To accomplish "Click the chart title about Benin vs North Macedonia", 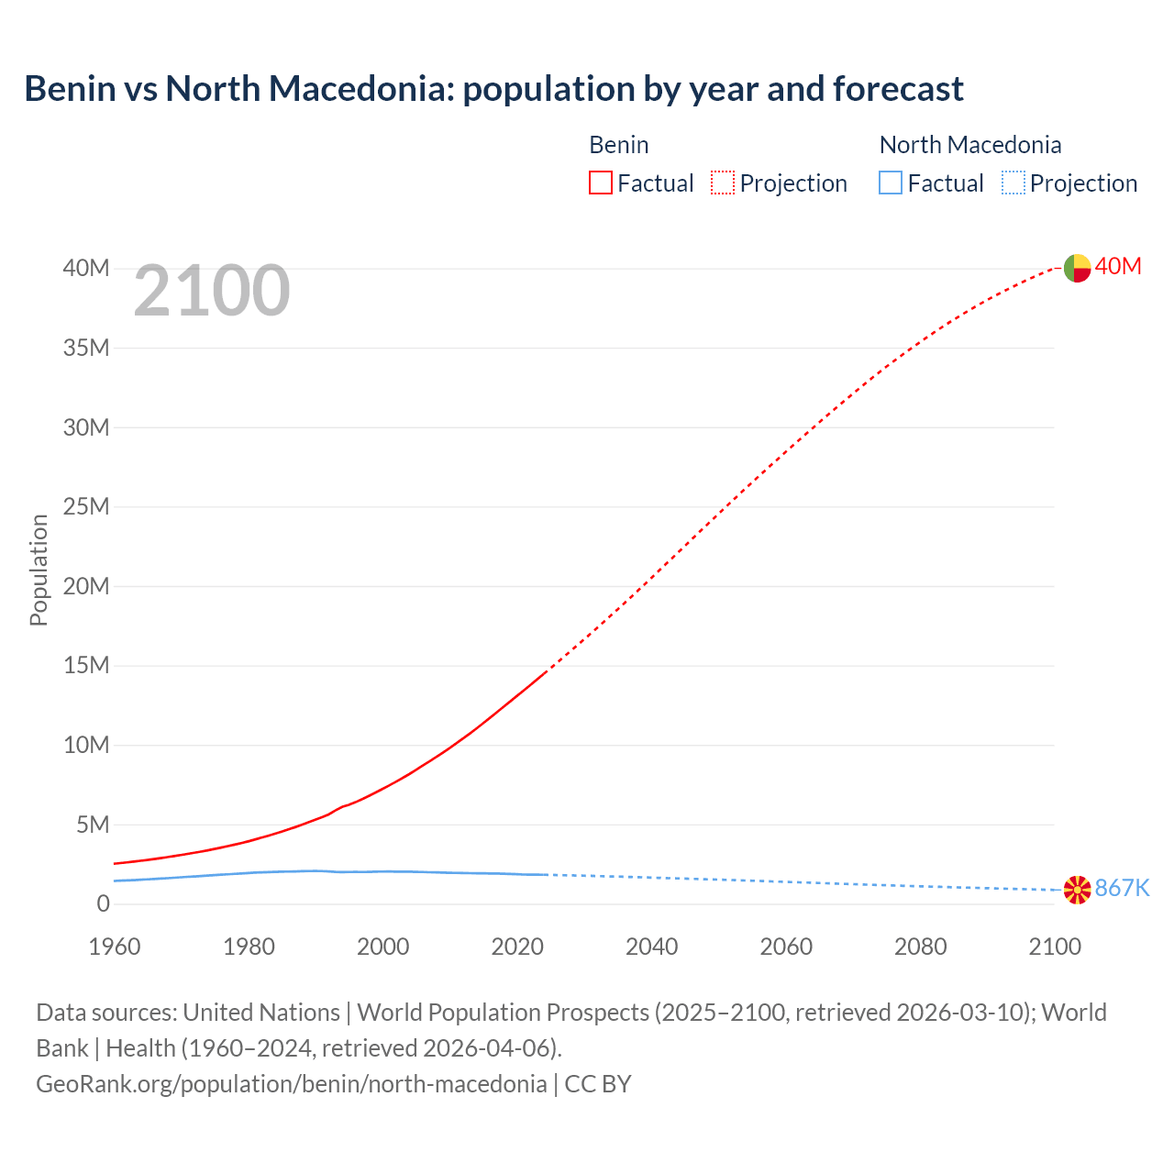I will coord(493,89).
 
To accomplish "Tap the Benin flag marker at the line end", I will coord(1077,268).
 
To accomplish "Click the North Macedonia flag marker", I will coord(1077,889).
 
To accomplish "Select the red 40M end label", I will coord(1118,266).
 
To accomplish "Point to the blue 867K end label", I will coord(1122,888).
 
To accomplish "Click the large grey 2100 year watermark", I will coord(212,291).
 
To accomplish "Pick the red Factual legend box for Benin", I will coord(601,183).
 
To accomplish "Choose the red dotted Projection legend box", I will coord(723,183).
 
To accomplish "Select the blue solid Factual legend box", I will coord(891,183).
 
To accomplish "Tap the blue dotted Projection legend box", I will coord(1013,183).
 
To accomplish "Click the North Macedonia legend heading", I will coord(969,145).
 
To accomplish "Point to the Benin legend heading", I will coord(619,145).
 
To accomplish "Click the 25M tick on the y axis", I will coord(86,507).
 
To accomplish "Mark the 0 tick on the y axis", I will coord(103,904).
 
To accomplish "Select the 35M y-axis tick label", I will coord(86,348).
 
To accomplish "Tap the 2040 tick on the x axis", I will coord(652,947).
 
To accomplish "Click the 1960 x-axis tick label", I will coord(115,947).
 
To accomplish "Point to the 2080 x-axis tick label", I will coord(920,947).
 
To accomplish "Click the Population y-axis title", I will coord(39,570).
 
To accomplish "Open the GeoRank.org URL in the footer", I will coord(291,1084).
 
